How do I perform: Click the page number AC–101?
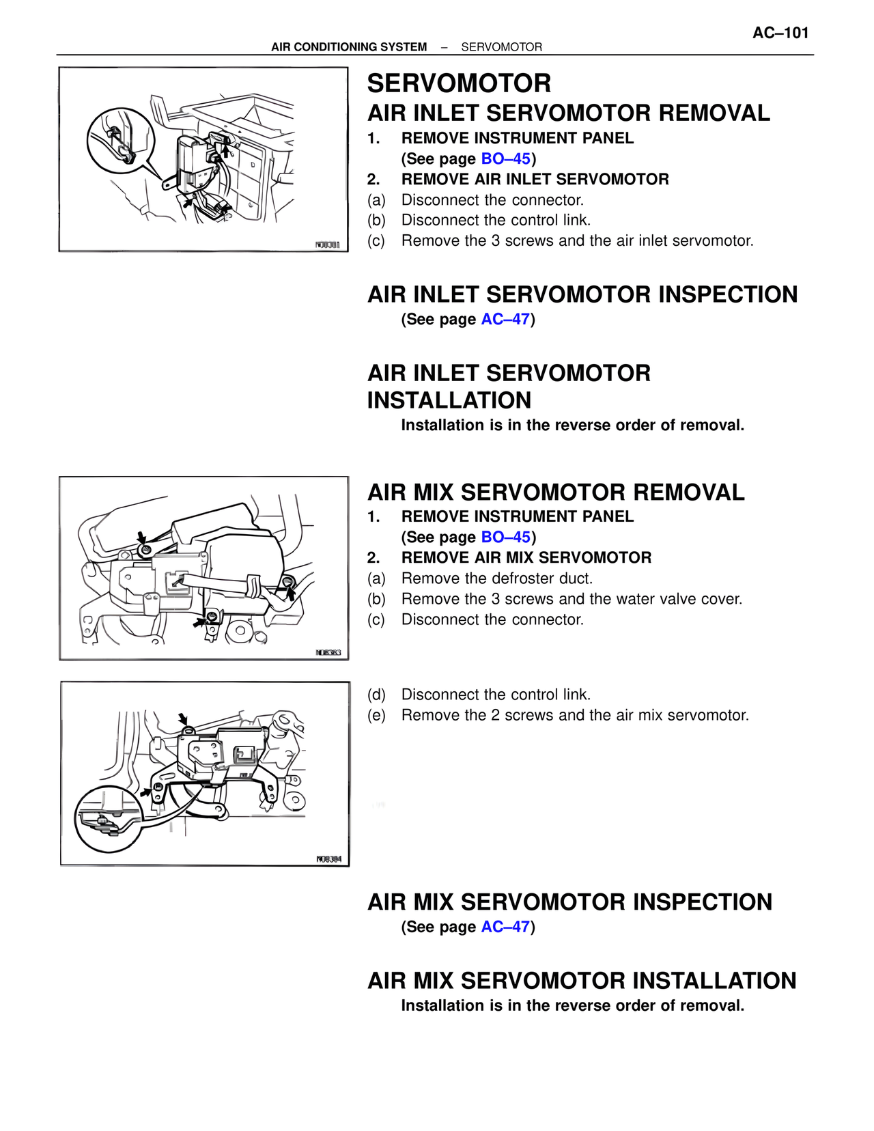coord(780,33)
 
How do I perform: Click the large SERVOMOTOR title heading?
coord(459,83)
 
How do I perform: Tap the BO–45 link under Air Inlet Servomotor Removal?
coord(505,159)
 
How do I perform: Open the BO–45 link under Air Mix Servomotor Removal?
coord(505,537)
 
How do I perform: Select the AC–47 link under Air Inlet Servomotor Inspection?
coord(505,320)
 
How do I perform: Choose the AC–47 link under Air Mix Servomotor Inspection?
coord(505,927)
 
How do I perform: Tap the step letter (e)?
coord(376,716)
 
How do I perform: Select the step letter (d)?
coord(376,695)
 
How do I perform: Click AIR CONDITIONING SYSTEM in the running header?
coord(349,47)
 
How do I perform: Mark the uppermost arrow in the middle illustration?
coord(141,537)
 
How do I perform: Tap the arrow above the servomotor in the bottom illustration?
coord(183,719)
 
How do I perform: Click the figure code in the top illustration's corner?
coord(327,245)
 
